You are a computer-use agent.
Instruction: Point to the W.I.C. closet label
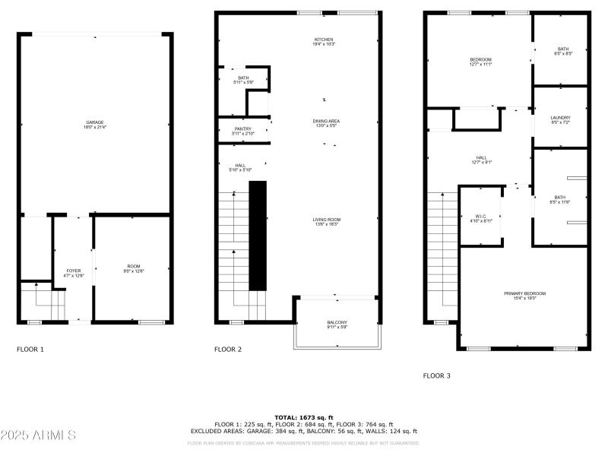pos(480,218)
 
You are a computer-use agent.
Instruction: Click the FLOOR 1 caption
pos(30,350)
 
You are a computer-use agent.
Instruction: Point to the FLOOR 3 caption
pos(437,375)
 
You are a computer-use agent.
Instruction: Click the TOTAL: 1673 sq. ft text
pos(303,417)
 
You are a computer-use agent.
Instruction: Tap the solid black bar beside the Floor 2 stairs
pos(258,236)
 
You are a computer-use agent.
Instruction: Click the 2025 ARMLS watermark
pos(38,435)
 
